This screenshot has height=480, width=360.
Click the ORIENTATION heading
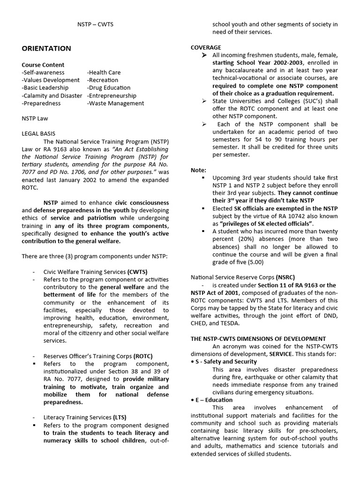(x=46, y=48)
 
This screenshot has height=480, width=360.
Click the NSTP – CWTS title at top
(x=95, y=24)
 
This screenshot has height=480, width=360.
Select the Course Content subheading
(x=43, y=65)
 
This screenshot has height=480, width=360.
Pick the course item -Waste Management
(x=115, y=103)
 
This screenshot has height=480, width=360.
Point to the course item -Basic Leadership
(x=45, y=88)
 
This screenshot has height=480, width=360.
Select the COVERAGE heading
(x=206, y=47)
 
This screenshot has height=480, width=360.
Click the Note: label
(x=198, y=170)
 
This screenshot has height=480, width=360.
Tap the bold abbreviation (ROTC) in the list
(x=143, y=356)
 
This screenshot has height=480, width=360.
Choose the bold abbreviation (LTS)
(x=120, y=417)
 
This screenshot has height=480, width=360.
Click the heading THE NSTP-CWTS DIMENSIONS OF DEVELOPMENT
(x=258, y=338)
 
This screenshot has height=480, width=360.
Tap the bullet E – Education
(x=214, y=400)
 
